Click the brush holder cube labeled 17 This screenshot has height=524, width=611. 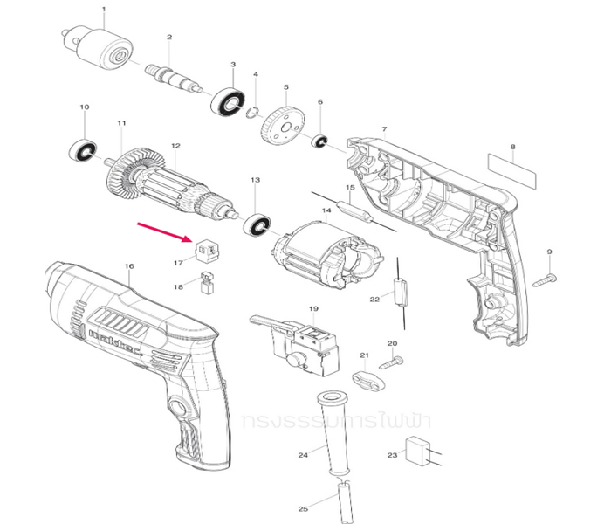[206, 250]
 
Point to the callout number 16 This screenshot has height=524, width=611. [129, 265]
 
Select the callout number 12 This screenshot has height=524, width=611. [175, 146]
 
